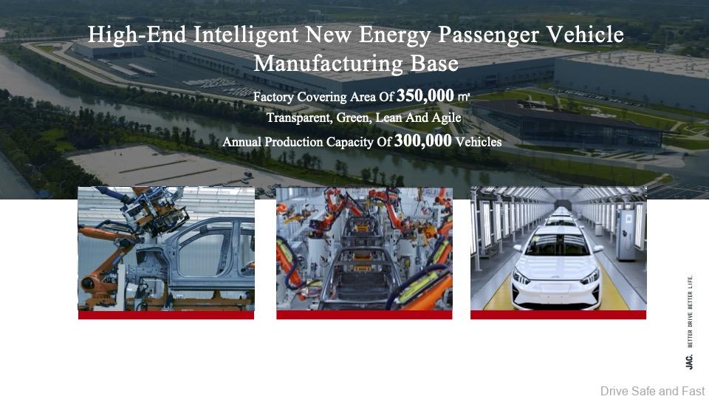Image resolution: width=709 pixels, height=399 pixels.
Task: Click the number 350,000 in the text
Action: point(425,95)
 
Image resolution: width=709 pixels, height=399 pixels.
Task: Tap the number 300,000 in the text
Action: point(422,140)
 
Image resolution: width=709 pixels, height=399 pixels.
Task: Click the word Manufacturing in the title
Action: point(328,64)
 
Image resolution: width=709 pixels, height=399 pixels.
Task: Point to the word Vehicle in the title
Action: point(585,35)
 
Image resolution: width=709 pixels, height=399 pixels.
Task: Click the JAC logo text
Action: point(689,362)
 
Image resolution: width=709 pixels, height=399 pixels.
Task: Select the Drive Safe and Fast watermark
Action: point(652,391)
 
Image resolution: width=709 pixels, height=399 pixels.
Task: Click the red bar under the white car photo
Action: point(558,315)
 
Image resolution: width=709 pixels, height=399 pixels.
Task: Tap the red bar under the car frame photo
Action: point(166,315)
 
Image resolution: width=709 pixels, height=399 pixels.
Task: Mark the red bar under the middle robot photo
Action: point(364,315)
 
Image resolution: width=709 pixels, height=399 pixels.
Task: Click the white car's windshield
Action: point(558,245)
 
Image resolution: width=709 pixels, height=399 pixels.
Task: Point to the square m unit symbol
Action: point(464,96)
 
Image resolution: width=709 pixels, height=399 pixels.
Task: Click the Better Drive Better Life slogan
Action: point(690,311)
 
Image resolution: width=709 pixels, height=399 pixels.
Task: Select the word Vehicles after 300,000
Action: point(479,142)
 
